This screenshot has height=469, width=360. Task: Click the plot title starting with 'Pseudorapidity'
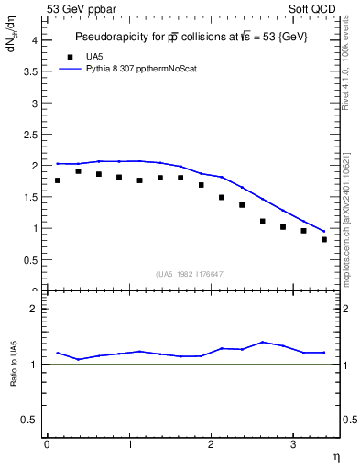click(191, 38)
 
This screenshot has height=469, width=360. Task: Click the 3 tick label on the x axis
click(292, 444)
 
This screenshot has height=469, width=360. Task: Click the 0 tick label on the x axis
click(47, 444)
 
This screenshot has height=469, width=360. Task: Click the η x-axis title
click(335, 457)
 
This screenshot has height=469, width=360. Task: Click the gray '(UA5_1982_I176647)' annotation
click(191, 273)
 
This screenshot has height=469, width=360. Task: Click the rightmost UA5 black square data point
click(324, 240)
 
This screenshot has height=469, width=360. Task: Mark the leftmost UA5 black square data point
click(58, 180)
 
